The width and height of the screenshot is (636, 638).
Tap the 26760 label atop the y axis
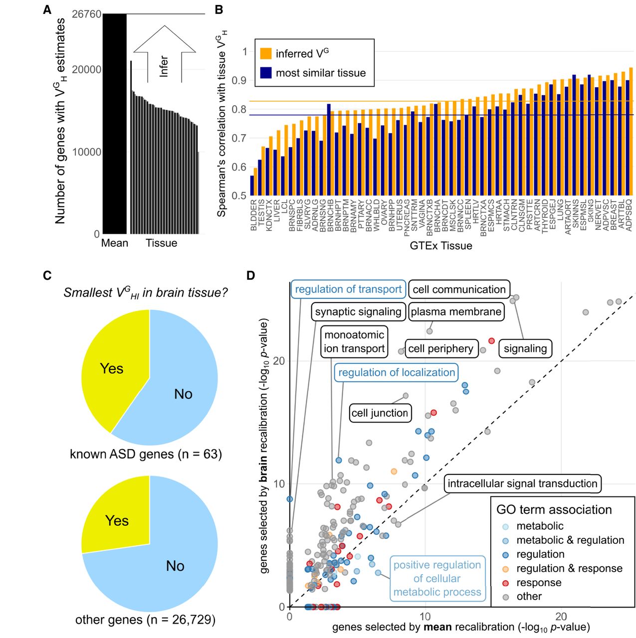86,14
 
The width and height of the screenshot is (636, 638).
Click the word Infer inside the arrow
164,66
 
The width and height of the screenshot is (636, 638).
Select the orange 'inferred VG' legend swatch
266,53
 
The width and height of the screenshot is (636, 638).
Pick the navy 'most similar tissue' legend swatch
266,73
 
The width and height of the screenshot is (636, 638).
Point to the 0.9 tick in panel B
241,80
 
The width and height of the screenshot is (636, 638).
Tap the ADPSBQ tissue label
629,215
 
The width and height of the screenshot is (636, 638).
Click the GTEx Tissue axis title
440,246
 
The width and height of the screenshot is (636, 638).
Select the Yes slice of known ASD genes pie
112,368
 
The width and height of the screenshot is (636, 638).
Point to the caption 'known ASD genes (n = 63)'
146,454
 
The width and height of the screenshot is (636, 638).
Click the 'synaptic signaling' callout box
358,312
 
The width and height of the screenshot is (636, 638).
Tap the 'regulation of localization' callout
397,372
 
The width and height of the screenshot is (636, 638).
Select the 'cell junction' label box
380,413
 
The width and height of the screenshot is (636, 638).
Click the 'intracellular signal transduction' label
522,483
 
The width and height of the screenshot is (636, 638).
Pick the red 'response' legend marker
506,583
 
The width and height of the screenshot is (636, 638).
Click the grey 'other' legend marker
506,597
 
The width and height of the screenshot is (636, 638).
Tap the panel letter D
251,276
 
